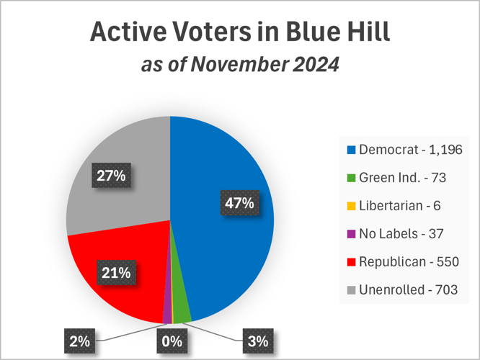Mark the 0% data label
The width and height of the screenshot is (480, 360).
(172, 341)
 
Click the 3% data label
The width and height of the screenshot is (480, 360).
(257, 341)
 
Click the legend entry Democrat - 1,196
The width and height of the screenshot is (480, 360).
(404, 150)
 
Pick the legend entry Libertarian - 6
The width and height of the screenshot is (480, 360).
(393, 206)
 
